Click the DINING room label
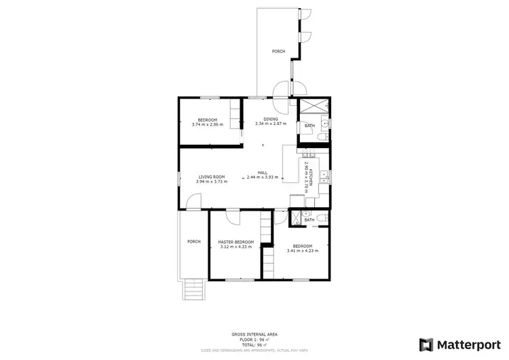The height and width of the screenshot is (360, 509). [271, 120]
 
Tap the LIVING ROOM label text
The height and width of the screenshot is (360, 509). [211, 177]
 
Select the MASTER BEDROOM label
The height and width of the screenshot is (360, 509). [235, 242]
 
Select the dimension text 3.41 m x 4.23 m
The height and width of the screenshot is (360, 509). [302, 251]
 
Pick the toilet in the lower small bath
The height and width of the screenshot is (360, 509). [322, 218]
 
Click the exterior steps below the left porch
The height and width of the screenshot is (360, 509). [193, 290]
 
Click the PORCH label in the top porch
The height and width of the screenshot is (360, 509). [278, 52]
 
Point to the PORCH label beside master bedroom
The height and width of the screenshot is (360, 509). [193, 242]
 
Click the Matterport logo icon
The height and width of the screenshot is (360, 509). [427, 344]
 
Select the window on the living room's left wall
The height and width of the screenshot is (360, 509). [179, 178]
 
